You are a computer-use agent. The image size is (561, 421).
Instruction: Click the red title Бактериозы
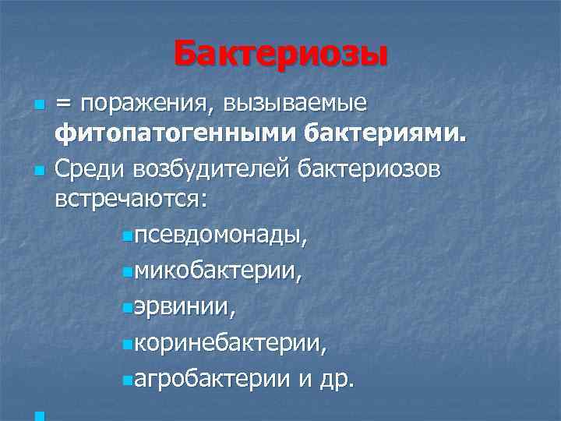pyautogui.click(x=280, y=55)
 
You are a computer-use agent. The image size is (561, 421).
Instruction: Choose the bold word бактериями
pyautogui.click(x=386, y=137)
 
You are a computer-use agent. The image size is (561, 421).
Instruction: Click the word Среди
pyautogui.click(x=83, y=168)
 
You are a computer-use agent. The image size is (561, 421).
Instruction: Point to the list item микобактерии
pyautogui.click(x=217, y=271)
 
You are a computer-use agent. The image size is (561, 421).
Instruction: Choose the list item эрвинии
pyautogui.click(x=182, y=307)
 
